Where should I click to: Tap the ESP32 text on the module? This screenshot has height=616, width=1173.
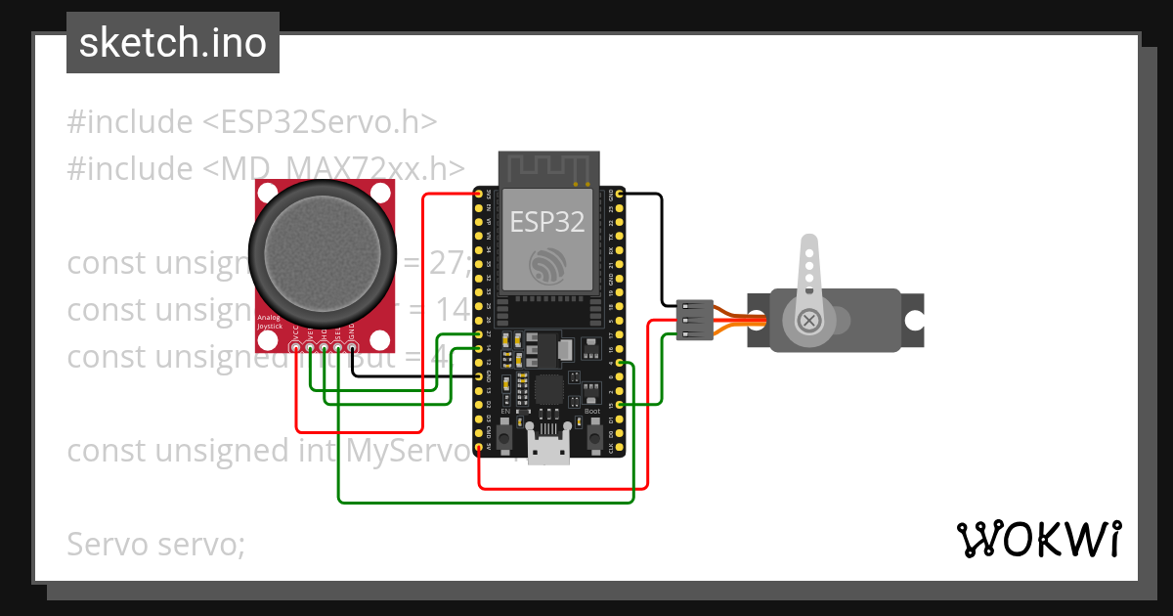click(x=546, y=221)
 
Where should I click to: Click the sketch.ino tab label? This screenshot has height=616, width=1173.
click(x=173, y=43)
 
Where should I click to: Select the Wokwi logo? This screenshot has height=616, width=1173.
click(x=1038, y=539)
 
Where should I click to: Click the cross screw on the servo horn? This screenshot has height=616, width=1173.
click(x=808, y=321)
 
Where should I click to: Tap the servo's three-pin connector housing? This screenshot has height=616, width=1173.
click(x=695, y=321)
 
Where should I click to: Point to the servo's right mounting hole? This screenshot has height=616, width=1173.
click(x=913, y=320)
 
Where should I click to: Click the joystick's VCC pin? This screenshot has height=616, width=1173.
click(x=296, y=345)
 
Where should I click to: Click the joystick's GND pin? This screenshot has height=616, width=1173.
click(x=352, y=345)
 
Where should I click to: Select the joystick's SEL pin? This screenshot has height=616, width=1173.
click(x=338, y=345)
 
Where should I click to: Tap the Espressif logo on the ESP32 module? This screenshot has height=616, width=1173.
click(x=546, y=266)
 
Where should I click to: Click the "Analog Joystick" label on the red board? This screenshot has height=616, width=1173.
click(x=269, y=322)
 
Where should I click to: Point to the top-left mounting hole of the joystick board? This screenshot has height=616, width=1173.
click(x=264, y=189)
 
